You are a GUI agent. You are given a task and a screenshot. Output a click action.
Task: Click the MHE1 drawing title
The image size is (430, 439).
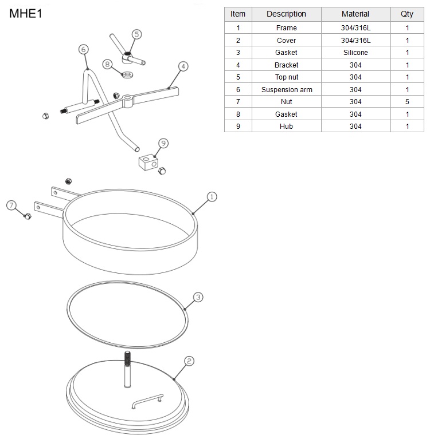point(26,13)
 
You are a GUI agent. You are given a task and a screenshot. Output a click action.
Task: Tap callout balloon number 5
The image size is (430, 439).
point(136,34)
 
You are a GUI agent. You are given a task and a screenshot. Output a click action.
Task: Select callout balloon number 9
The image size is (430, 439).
point(163,143)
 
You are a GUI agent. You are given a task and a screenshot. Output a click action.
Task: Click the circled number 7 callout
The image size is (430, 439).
point(11,205)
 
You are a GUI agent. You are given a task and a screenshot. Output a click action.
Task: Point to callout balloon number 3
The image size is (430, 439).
point(198,297)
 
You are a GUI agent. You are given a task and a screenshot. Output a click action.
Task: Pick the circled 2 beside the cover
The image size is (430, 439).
point(189,361)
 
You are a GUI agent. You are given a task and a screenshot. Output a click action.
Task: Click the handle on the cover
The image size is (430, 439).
point(147,401)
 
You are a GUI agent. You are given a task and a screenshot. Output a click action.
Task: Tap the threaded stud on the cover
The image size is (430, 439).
point(127,369)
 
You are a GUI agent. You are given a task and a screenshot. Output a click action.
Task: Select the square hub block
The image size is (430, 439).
point(148,163)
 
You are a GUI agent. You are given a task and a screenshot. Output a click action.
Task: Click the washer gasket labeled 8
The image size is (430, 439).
point(128,75)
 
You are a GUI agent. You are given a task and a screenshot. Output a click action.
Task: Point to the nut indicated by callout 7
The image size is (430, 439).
point(28,216)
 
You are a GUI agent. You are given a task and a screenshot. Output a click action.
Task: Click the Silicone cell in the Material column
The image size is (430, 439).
point(355,52)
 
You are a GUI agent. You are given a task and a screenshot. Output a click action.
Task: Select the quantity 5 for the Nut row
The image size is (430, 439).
point(407,102)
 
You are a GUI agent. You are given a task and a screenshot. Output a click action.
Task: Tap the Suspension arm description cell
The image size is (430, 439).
point(287,90)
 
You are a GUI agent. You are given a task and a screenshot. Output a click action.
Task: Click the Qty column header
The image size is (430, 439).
point(407,14)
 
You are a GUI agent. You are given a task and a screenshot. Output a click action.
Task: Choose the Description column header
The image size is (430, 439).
point(287,14)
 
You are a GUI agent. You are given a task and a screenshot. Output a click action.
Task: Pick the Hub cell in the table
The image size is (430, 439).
point(287,126)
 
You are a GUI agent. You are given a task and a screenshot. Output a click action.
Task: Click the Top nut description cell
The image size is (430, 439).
point(287,77)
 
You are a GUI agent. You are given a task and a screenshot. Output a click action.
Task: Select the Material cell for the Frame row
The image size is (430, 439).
point(355,27)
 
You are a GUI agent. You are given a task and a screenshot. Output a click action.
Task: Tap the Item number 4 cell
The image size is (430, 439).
point(238,65)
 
